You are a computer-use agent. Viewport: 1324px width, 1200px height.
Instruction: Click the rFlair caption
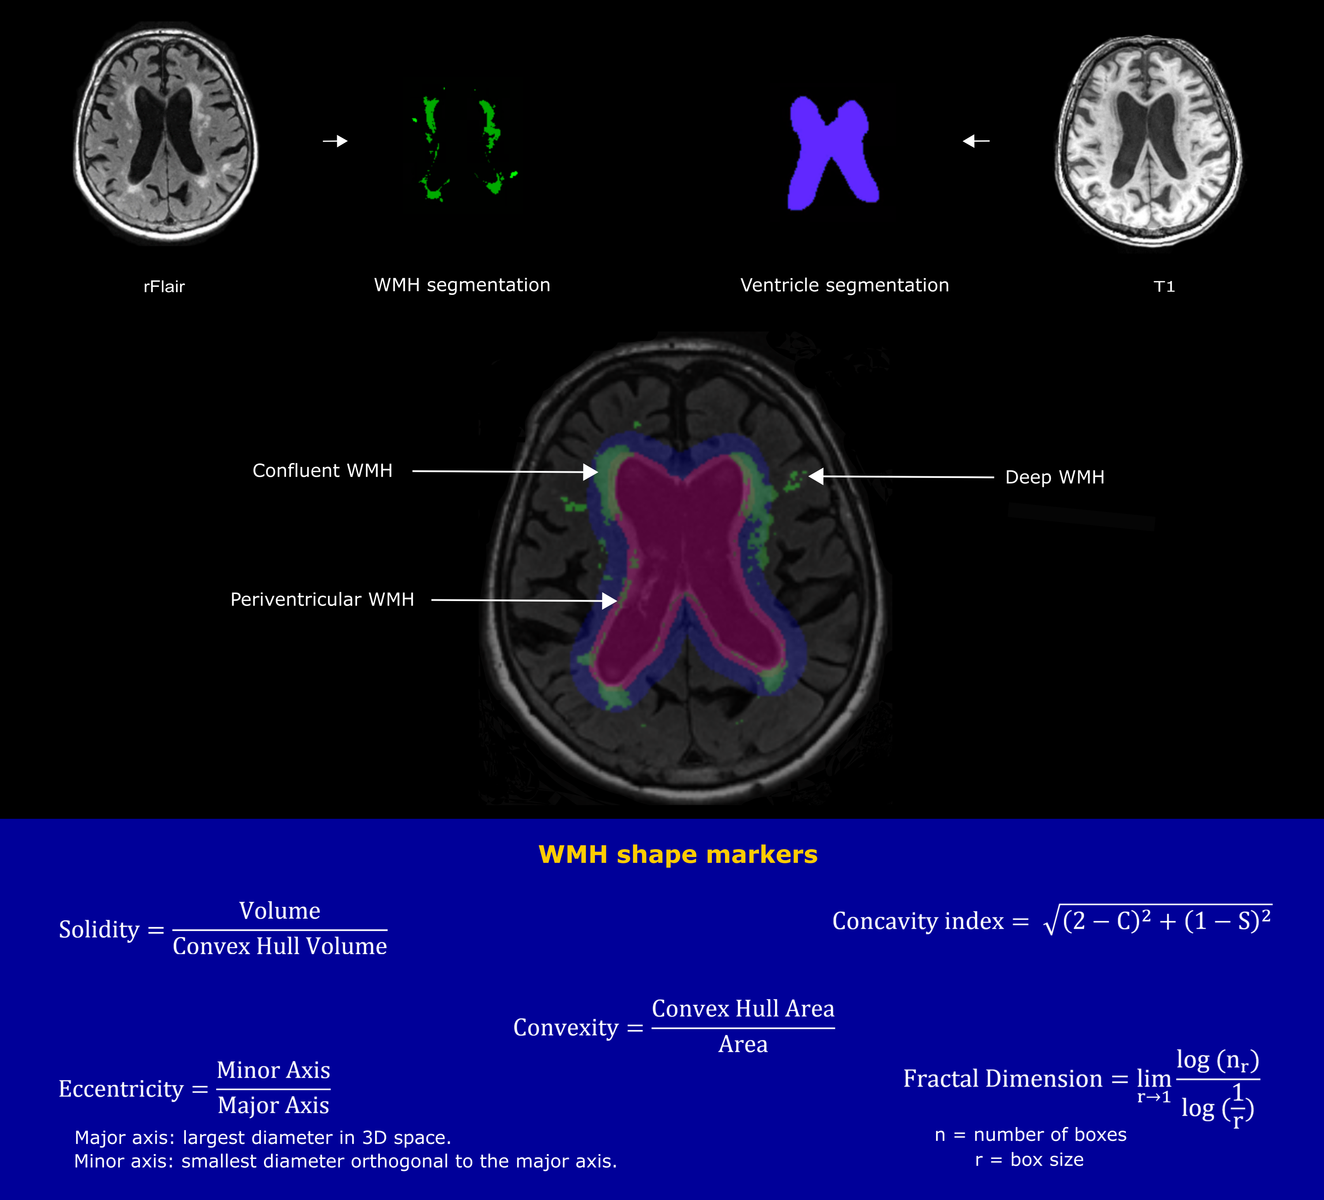[x=164, y=286]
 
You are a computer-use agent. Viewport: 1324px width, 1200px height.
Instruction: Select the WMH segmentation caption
[x=462, y=285]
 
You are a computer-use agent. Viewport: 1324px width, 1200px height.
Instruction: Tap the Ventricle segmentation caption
[x=845, y=285]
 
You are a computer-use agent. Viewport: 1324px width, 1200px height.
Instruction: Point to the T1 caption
[x=1164, y=286]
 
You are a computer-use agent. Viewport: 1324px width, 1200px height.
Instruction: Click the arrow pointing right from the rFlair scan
[x=335, y=140]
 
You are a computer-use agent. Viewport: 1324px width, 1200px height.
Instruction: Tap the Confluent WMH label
[x=323, y=470]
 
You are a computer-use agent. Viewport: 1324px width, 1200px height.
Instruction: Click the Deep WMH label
[x=1055, y=477]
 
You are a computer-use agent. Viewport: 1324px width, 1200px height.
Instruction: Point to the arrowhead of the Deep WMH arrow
[x=816, y=476]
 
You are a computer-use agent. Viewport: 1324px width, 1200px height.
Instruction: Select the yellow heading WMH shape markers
[x=678, y=854]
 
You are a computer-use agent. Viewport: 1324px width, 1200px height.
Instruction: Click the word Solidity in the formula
[x=99, y=929]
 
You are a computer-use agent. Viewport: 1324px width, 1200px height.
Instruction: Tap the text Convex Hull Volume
[x=280, y=946]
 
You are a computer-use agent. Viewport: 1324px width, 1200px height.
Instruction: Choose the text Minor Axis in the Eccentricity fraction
[x=273, y=1070]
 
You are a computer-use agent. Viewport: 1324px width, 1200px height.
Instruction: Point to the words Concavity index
[x=918, y=921]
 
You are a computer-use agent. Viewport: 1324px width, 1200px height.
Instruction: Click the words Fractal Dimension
[x=1002, y=1079]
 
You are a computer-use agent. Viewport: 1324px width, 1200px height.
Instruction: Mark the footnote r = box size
[x=1029, y=1160]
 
